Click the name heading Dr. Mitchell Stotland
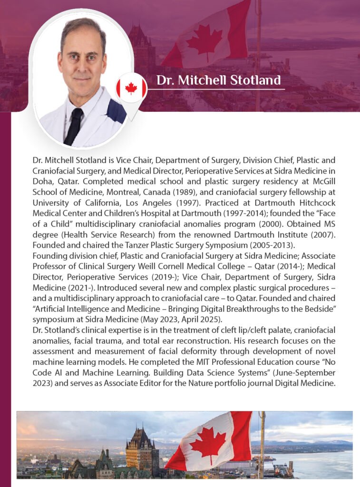pos(218,80)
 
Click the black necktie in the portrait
pos(74,126)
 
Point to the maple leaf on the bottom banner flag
pos(208,440)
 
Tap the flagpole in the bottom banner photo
pos(261,442)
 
